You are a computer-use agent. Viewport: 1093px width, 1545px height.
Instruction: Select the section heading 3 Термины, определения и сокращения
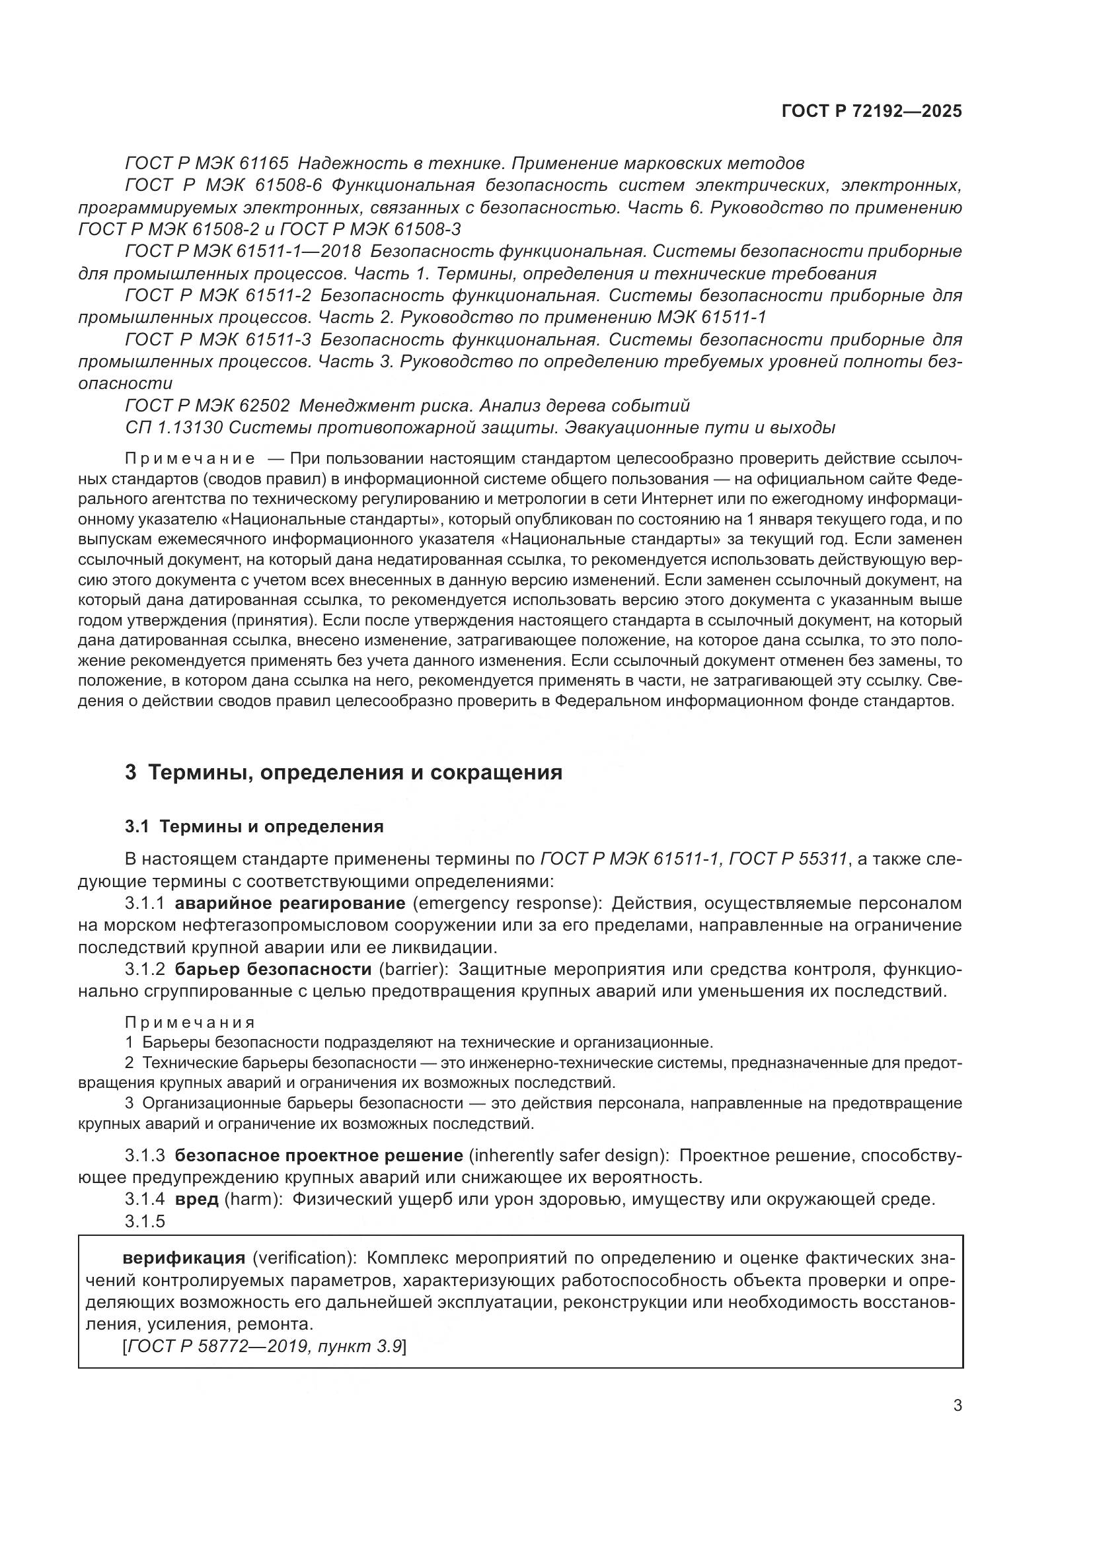pyautogui.click(x=343, y=773)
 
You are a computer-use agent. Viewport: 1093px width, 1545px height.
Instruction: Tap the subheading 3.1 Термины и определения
pyautogui.click(x=254, y=827)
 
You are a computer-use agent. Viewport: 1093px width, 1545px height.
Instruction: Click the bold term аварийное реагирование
pyautogui.click(x=289, y=903)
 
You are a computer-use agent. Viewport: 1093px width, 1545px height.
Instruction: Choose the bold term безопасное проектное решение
pyautogui.click(x=319, y=1155)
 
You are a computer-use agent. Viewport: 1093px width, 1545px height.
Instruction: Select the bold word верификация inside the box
pyautogui.click(x=183, y=1258)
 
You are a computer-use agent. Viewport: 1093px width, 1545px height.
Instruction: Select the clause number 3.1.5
pyautogui.click(x=145, y=1221)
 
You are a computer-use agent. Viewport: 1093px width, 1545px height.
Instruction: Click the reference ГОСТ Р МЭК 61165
pyautogui.click(x=207, y=164)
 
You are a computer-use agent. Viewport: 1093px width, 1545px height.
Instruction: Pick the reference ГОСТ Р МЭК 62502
pyautogui.click(x=207, y=406)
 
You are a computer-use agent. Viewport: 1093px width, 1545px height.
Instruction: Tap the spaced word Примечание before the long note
pyautogui.click(x=190, y=459)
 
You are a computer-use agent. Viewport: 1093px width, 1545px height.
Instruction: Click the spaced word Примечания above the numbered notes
pyautogui.click(x=190, y=1023)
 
